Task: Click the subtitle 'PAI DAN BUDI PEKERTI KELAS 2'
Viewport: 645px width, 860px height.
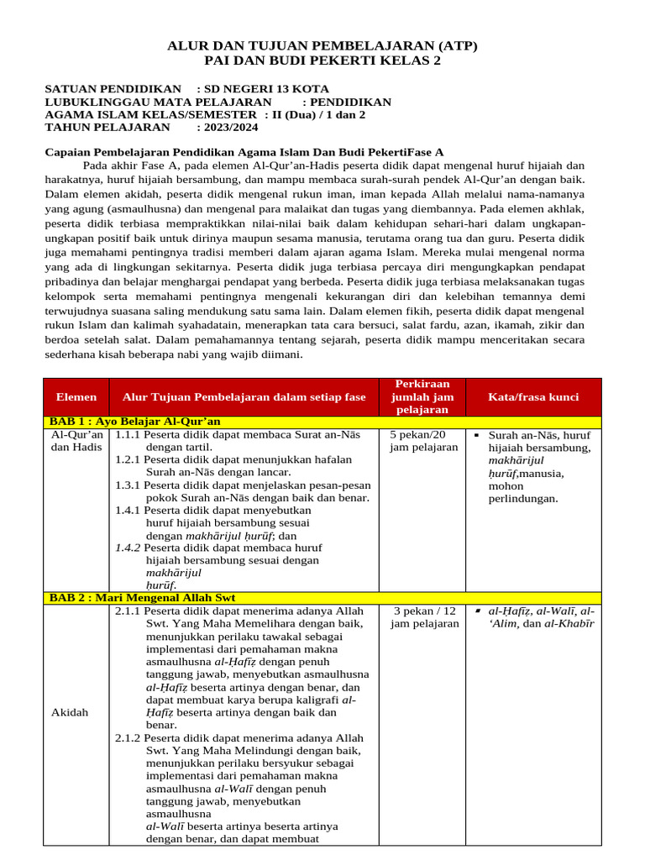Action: click(x=322, y=60)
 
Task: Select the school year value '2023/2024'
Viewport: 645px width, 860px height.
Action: click(x=228, y=128)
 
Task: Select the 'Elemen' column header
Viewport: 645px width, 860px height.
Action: click(x=76, y=396)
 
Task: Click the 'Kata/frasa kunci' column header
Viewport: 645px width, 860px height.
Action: click(x=533, y=396)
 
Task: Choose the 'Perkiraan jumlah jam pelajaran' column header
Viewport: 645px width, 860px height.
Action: click(x=424, y=396)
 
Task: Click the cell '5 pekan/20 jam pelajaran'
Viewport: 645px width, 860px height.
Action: click(x=424, y=441)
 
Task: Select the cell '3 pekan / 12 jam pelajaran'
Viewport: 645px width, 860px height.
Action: click(x=424, y=616)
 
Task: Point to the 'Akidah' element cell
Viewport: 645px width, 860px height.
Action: click(x=70, y=712)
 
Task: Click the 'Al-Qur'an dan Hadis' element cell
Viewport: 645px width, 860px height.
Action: click(x=77, y=441)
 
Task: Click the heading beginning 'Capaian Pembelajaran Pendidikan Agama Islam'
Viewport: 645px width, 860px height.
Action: click(x=244, y=152)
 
